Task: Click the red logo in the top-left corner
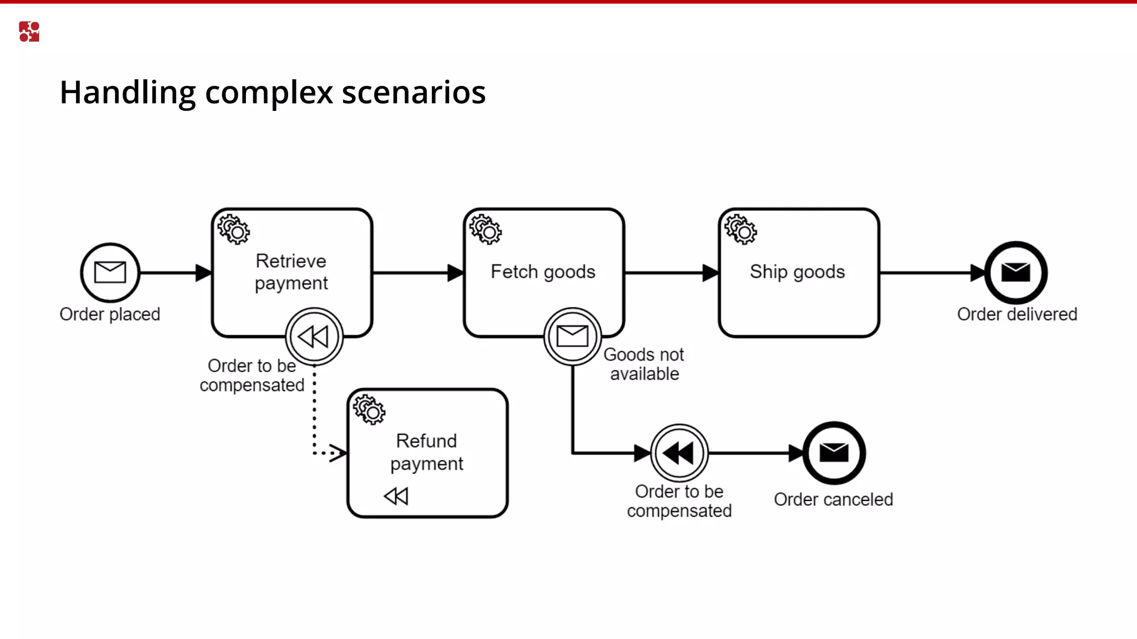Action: click(x=29, y=32)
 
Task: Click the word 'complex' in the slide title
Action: click(x=269, y=93)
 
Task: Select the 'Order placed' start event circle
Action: click(x=110, y=272)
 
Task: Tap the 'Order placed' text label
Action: click(x=110, y=314)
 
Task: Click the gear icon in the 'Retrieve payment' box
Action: click(x=234, y=229)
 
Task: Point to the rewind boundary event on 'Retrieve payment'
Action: click(x=314, y=336)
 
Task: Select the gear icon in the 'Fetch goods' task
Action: click(x=486, y=229)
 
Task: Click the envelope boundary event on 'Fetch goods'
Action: click(x=572, y=336)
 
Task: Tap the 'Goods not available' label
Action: click(x=644, y=364)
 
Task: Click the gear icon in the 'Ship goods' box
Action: click(x=741, y=229)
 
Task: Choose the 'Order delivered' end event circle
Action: click(x=1015, y=272)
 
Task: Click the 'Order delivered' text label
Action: click(x=1017, y=314)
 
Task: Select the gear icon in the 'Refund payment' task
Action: click(x=369, y=409)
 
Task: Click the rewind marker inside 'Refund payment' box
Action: click(x=396, y=496)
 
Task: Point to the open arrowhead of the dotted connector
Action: click(x=338, y=453)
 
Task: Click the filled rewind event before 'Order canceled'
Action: click(x=679, y=453)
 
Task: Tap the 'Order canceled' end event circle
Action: click(x=834, y=453)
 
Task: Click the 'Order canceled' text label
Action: click(x=833, y=499)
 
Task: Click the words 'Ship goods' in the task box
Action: click(x=797, y=272)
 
